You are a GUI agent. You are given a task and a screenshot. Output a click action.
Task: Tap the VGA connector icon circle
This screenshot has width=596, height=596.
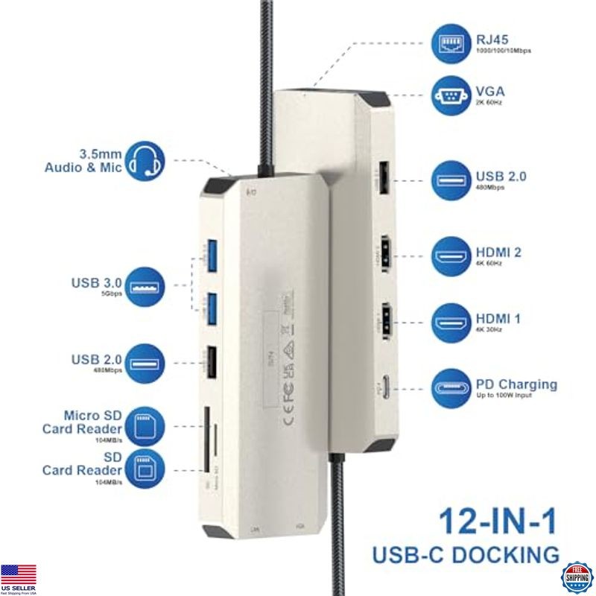451,95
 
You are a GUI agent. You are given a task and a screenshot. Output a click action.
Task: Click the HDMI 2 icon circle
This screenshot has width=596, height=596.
451,256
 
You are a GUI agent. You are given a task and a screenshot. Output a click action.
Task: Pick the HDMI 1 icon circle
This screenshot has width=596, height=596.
451,323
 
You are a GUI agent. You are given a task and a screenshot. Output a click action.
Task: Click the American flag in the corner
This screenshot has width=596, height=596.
19,575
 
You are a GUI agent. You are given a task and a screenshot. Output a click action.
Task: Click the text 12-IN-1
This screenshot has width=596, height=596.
498,521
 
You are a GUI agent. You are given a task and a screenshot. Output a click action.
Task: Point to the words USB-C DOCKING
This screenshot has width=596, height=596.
466,554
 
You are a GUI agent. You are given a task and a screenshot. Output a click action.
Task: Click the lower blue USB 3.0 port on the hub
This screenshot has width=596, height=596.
211,306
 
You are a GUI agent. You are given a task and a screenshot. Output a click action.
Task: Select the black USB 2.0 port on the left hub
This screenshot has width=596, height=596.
211,361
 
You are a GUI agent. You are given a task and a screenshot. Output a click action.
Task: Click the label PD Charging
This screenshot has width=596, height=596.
516,384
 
